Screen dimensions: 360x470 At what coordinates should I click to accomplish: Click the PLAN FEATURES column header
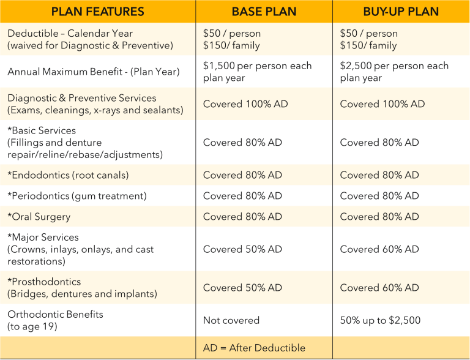click(97, 12)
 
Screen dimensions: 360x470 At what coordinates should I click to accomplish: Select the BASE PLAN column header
click(264, 12)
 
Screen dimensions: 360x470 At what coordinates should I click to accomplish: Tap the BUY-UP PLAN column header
click(401, 12)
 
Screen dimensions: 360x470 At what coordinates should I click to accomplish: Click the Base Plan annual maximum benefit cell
click(257, 72)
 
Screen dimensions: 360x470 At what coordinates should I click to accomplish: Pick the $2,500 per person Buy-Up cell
click(394, 72)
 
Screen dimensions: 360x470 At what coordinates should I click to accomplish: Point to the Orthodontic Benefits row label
click(55, 320)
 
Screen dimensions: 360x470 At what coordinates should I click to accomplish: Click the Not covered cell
click(231, 320)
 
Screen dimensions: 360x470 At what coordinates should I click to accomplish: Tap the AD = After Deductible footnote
click(254, 348)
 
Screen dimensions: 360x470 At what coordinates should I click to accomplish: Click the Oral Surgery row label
click(39, 217)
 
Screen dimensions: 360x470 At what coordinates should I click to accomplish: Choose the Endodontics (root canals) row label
click(68, 175)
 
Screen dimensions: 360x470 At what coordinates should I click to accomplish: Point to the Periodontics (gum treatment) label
click(77, 196)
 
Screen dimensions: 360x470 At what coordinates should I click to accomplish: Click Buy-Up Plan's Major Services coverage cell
click(379, 249)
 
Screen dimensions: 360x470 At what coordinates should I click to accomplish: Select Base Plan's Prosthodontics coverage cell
click(242, 288)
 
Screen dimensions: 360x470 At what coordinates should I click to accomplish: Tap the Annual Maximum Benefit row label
click(94, 72)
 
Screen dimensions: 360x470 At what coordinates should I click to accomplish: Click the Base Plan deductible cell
click(232, 39)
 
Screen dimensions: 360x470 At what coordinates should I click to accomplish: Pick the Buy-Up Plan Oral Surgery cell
click(379, 217)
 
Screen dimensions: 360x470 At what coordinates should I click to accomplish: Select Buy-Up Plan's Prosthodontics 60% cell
click(379, 288)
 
